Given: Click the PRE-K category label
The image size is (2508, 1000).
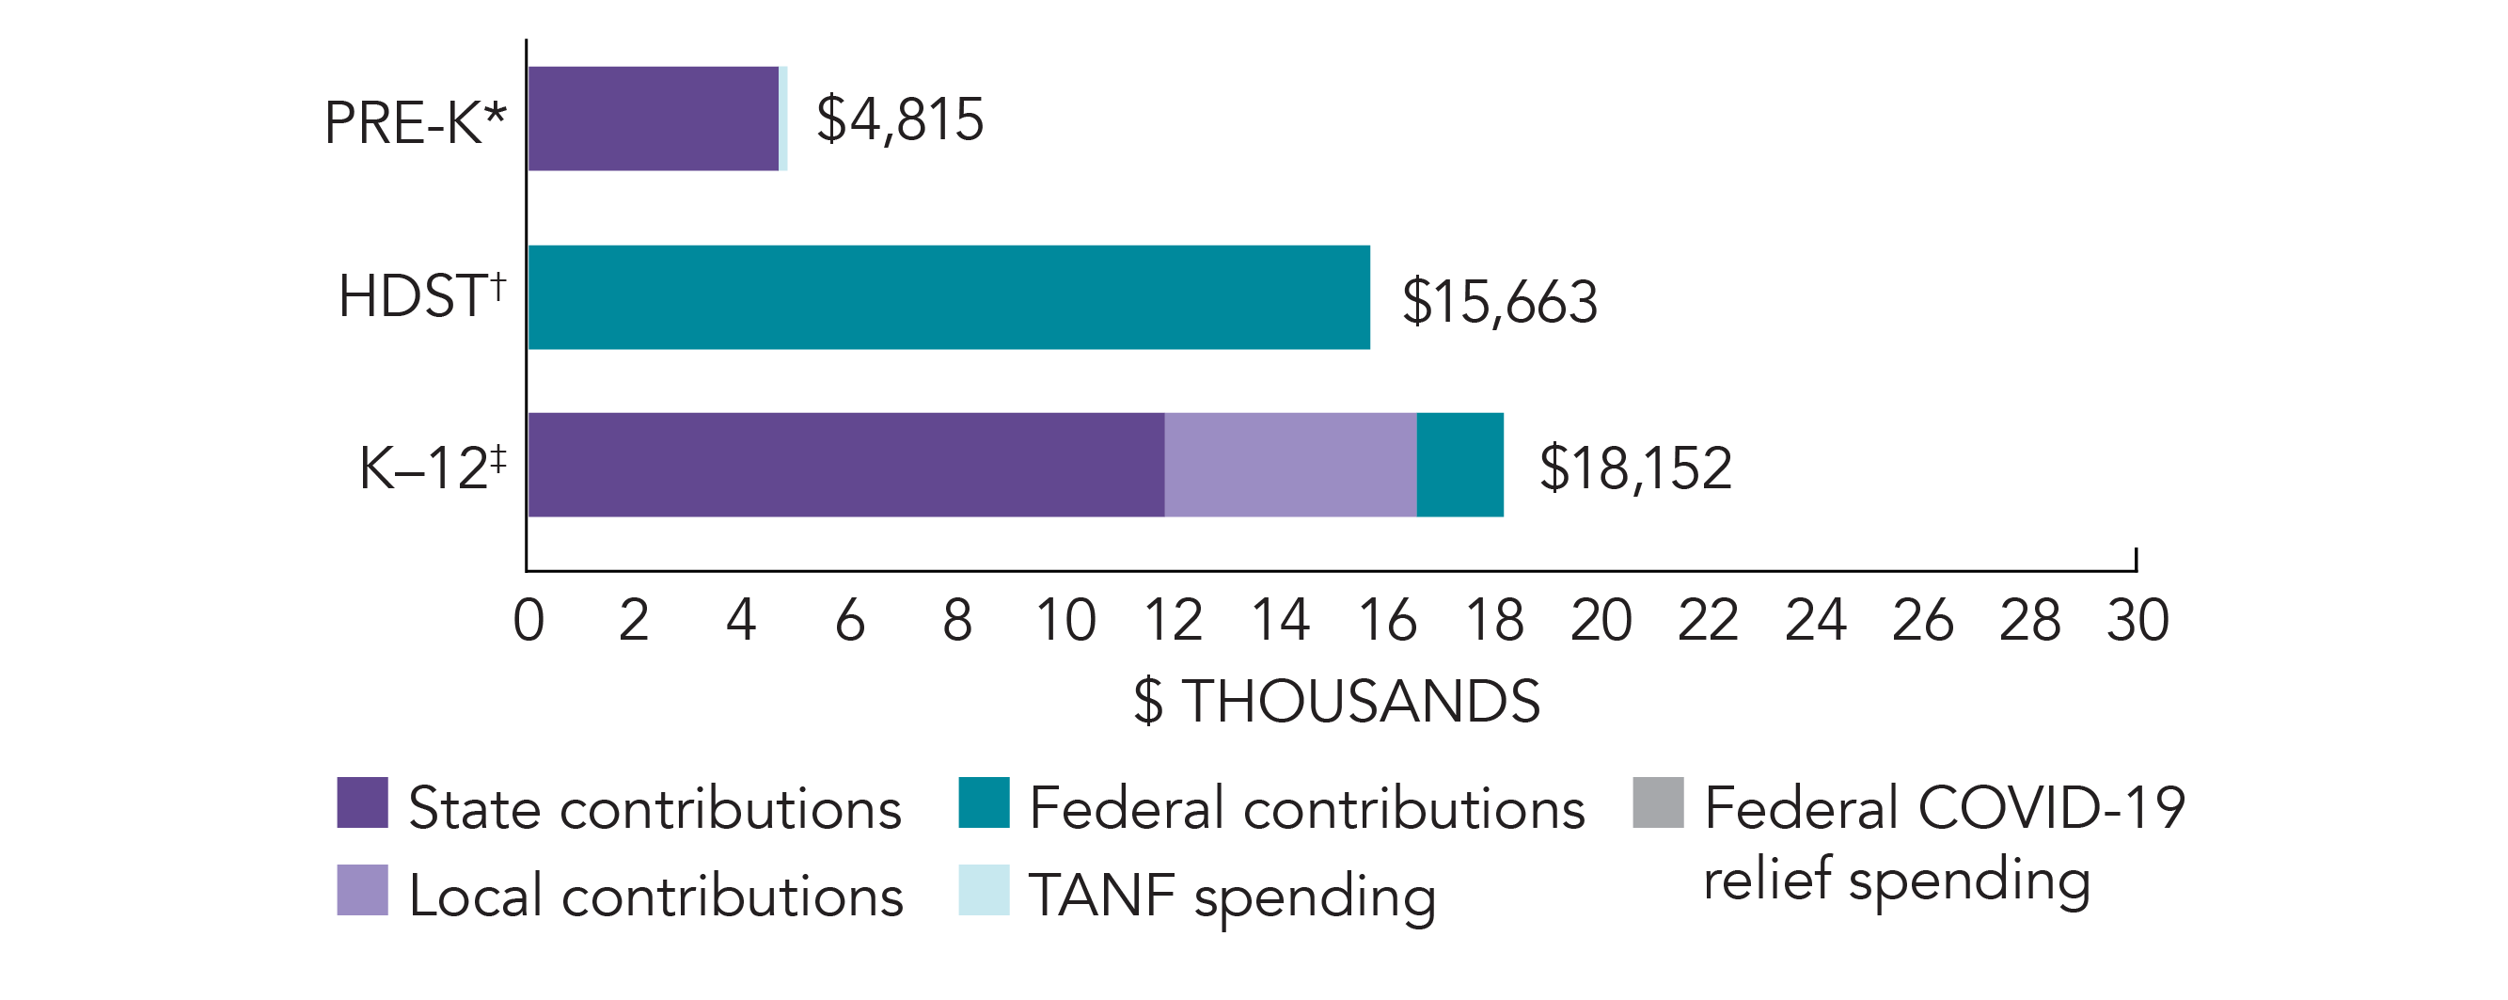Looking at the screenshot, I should (x=416, y=122).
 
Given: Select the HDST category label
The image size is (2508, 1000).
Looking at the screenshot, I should (x=421, y=295).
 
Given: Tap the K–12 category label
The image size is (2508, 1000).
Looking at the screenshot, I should (x=433, y=468).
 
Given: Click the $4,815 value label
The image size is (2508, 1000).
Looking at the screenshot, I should (x=900, y=119).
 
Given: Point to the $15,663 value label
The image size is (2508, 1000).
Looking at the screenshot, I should (x=1499, y=301).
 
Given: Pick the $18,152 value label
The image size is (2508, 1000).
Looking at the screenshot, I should (x=1635, y=468).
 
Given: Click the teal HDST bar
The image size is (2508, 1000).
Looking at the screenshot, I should (x=948, y=297).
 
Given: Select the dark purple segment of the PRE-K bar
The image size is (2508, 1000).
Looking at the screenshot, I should (x=654, y=119).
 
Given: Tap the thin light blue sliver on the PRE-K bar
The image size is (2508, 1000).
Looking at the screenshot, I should (x=783, y=119).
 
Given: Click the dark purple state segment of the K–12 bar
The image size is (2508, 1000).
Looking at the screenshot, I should (x=846, y=465).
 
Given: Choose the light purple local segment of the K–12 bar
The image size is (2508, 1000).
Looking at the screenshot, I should (x=1290, y=465).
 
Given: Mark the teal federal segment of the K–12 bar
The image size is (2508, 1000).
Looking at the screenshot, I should (x=1459, y=465).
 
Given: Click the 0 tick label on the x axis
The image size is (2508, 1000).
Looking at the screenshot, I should (x=528, y=619).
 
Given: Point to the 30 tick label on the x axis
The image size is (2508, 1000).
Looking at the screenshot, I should (x=2137, y=619).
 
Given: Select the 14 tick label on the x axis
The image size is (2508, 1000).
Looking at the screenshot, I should (x=1279, y=619).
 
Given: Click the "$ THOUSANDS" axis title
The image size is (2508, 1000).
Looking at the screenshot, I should (x=1337, y=701).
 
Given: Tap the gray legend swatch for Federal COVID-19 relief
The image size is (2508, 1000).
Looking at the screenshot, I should (x=1658, y=802).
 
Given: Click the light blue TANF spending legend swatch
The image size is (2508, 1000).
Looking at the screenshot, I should (x=984, y=890).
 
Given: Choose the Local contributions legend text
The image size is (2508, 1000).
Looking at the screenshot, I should (x=656, y=896).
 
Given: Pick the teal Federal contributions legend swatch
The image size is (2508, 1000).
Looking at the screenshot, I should (x=984, y=802).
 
